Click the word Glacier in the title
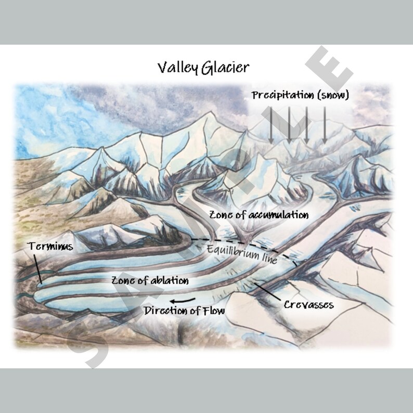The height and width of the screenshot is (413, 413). click(x=227, y=68)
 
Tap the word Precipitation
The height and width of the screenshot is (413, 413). click(x=281, y=96)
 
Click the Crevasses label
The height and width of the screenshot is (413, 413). click(x=308, y=304)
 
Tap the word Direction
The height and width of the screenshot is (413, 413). click(x=165, y=311)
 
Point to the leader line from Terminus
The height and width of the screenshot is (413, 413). click(x=38, y=268)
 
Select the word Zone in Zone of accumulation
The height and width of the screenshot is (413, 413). click(x=220, y=214)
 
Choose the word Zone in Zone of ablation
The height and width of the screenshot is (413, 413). click(x=122, y=281)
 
